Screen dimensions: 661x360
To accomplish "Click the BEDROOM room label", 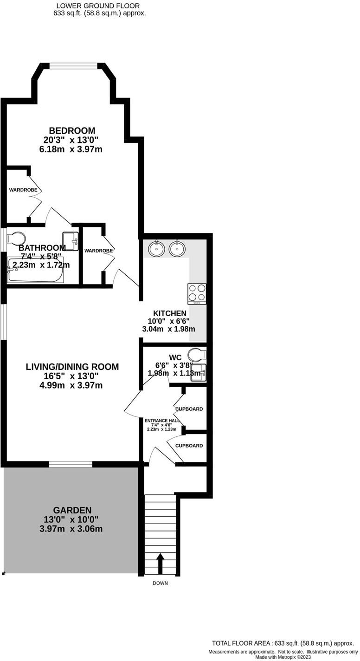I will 72,130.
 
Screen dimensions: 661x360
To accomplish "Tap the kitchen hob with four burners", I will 197,293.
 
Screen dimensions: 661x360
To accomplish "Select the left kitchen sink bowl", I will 156,249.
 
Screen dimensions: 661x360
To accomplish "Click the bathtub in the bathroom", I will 35,270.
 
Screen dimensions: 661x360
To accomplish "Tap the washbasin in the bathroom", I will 71,240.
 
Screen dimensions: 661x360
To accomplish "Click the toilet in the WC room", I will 198,355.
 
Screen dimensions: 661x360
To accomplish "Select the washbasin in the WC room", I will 199,373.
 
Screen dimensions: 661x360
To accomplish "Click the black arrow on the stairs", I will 161,563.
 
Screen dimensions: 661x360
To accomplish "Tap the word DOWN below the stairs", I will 161,583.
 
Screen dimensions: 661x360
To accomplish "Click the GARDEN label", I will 72,510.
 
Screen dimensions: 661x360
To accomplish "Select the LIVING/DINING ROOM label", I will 72,367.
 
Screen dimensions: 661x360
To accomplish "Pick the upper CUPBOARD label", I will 189,409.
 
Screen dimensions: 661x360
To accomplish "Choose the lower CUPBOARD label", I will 189,446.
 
